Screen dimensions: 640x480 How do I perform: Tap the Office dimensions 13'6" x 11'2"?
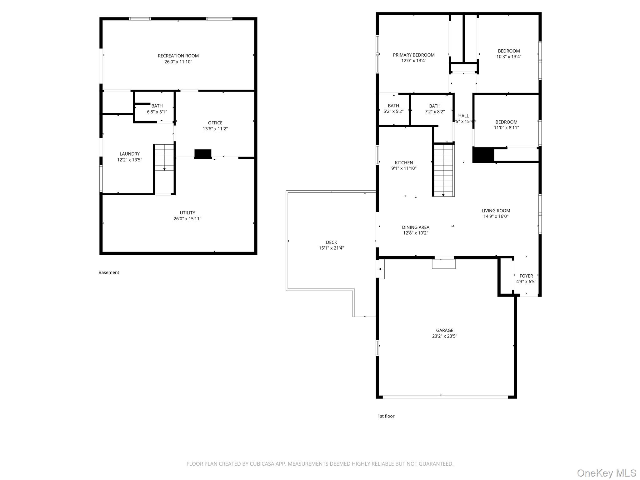pyautogui.click(x=215, y=129)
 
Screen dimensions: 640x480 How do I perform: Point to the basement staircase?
pyautogui.click(x=164, y=157)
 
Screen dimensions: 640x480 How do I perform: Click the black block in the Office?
pyautogui.click(x=203, y=154)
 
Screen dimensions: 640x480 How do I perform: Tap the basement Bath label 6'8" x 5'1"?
pyautogui.click(x=157, y=109)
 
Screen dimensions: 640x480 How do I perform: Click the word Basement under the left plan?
pyautogui.click(x=109, y=272)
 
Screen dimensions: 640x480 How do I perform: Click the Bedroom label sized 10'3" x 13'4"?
pyautogui.click(x=509, y=54)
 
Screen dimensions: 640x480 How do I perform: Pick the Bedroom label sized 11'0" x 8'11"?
pyautogui.click(x=506, y=125)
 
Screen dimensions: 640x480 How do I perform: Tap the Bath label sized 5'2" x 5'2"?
pyautogui.click(x=393, y=108)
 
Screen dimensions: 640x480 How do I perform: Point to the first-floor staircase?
pyautogui.click(x=443, y=170)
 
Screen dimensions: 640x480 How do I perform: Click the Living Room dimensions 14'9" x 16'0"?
pyautogui.click(x=496, y=216)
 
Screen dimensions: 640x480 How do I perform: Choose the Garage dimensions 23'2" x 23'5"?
pyautogui.click(x=445, y=336)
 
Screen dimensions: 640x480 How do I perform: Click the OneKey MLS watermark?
pyautogui.click(x=607, y=473)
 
